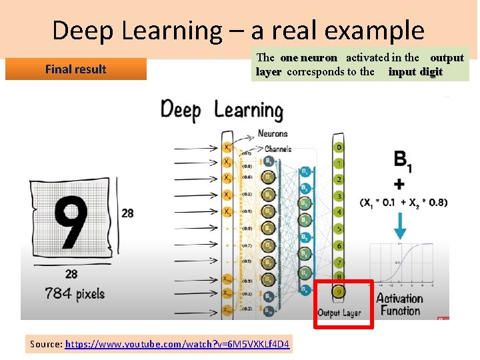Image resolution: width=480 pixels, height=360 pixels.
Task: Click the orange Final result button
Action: tap(75, 69)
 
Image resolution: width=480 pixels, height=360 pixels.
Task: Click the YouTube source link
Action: tap(177, 344)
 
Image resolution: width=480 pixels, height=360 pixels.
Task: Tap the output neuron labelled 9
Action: tap(340, 291)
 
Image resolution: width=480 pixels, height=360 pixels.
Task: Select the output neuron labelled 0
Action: tap(340, 147)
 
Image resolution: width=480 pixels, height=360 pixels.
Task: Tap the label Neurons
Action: tap(272, 133)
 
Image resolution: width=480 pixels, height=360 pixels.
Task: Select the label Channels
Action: tap(278, 149)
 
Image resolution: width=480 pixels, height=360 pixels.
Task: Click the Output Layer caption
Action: tap(339, 312)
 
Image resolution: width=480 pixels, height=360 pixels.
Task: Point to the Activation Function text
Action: tap(399, 304)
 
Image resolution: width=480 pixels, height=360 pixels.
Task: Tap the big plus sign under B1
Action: tap(399, 183)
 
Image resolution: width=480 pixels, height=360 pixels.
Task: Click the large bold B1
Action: tap(402, 161)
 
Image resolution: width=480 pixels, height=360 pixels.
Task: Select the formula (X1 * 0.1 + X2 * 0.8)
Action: tap(403, 202)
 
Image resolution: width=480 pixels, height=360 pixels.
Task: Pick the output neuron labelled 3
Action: tap(340, 195)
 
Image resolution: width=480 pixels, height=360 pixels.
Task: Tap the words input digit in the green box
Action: tap(415, 71)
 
